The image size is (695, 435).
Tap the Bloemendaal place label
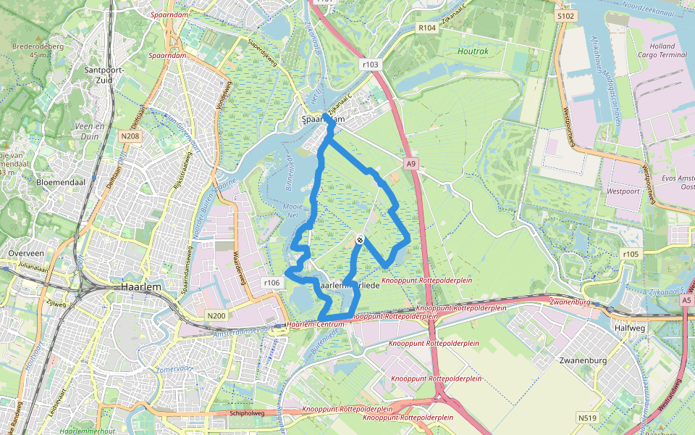tap(62, 183)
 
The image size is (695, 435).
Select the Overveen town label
tap(27, 253)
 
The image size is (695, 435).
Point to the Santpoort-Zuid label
tap(106, 75)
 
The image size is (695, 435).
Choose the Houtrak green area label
tap(473, 51)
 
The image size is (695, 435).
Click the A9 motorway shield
tap(411, 165)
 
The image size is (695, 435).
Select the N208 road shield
tap(130, 136)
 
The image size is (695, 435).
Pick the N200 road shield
tap(216, 315)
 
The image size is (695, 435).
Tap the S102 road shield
tap(565, 15)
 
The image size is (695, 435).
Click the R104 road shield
tap(427, 28)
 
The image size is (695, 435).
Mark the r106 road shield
tap(271, 282)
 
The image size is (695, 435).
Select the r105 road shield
tap(631, 254)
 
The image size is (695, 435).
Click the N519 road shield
tap(587, 418)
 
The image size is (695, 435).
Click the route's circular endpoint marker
tap(360, 240)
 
